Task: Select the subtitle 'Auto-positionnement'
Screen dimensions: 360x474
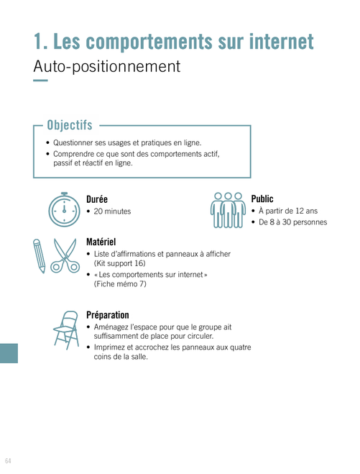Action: point(107,66)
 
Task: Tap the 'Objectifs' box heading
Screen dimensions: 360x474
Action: point(70,125)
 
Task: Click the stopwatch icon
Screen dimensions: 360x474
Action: point(65,209)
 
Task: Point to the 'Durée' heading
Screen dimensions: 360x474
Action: point(97,199)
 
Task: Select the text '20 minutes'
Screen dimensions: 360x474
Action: point(112,211)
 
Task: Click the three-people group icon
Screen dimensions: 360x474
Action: point(228,210)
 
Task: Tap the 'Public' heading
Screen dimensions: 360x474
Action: point(262,199)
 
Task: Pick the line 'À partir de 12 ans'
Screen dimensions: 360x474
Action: point(288,211)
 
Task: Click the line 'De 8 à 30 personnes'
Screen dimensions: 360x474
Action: point(292,222)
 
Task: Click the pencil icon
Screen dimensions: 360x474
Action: point(40,256)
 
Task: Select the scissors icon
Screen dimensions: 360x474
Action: point(65,256)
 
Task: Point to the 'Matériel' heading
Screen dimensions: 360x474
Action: point(101,242)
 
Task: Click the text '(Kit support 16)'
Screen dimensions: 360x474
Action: point(119,263)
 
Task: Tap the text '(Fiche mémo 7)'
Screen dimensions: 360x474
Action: point(120,284)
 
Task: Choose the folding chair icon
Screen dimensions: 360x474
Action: point(66,330)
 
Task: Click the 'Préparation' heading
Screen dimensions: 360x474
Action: point(108,315)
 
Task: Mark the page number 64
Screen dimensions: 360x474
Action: point(8,461)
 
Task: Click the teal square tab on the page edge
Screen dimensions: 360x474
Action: point(9,353)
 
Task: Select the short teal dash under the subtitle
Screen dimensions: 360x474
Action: point(40,81)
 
